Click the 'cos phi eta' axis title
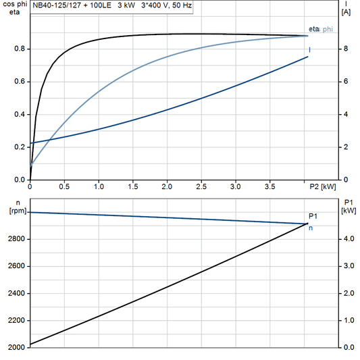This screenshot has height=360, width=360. tap(14, 7)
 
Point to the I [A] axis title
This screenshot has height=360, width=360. tap(346, 7)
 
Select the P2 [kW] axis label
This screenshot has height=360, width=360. tap(323, 186)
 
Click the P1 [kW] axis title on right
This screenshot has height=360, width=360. tap(349, 205)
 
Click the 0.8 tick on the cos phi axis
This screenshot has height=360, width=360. tap(20, 49)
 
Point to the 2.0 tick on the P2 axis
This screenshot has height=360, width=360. tap(167, 186)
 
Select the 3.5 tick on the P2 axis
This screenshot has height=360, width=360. tap(269, 186)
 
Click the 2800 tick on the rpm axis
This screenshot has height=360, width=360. tap(17, 239)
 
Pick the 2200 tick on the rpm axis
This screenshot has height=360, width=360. tap(17, 320)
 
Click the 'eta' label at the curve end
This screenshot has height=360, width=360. tap(313, 28)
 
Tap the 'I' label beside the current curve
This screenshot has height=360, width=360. tap(310, 50)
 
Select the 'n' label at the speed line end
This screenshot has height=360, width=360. tap(311, 228)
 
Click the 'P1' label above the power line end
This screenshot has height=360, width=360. tap(313, 216)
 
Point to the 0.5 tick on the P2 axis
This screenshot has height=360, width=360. tap(64, 186)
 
